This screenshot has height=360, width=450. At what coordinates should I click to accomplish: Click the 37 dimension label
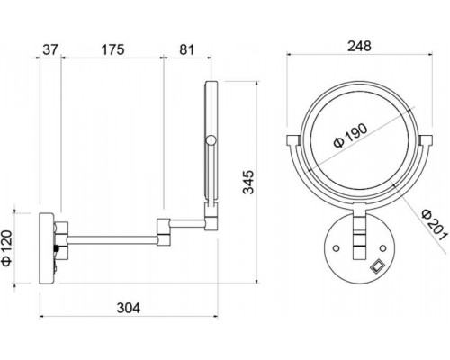coord(49,49)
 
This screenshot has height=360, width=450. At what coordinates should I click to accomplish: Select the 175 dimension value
coord(112,49)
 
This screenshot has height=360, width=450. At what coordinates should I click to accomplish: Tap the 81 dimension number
coord(187,49)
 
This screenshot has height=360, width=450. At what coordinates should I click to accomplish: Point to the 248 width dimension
coord(359,46)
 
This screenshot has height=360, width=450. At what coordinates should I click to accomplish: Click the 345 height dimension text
coord(248,182)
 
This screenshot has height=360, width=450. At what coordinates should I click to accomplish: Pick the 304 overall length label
coord(129,308)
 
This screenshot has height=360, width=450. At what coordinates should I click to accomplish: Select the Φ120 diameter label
coord(7,247)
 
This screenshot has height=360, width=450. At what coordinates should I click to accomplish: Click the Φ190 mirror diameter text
coord(350,135)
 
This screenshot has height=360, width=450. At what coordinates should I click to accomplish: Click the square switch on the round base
coord(376,266)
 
